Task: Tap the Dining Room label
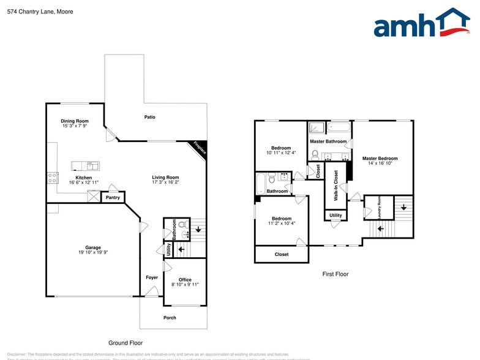[75, 121]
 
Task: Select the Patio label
[149, 117]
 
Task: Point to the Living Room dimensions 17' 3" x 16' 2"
[165, 182]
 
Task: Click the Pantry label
[113, 197]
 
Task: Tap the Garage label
[93, 247]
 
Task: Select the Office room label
[185, 279]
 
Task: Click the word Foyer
[152, 277]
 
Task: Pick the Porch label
[170, 317]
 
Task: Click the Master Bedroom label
[380, 159]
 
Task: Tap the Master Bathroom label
[328, 141]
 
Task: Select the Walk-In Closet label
[336, 186]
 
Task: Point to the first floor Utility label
[336, 215]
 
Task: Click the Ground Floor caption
[126, 343]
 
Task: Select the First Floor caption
[336, 274]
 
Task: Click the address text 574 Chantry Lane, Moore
[37, 10]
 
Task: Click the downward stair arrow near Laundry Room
[403, 207]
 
